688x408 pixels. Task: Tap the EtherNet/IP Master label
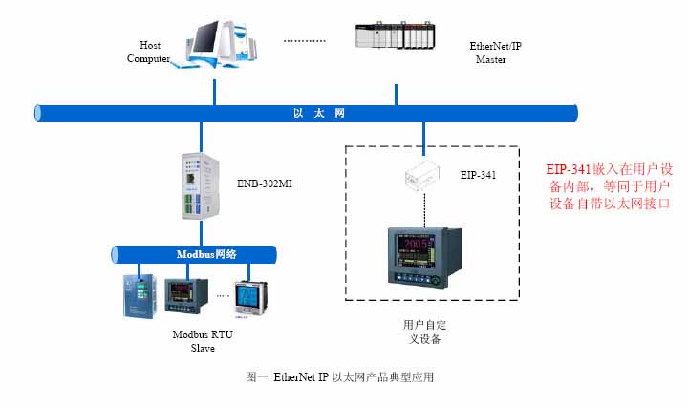click(x=497, y=52)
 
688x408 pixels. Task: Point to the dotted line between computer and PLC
click(x=306, y=41)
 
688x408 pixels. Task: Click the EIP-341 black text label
click(x=478, y=175)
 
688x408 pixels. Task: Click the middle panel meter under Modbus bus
click(x=184, y=297)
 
